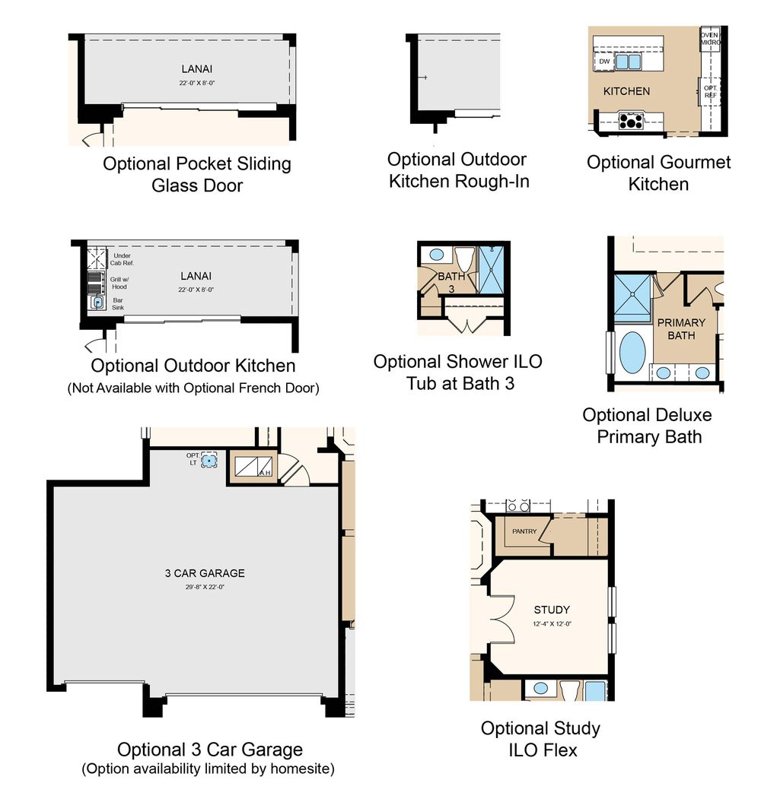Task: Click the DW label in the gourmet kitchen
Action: tap(604, 62)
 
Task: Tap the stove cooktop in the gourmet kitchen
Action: tap(630, 121)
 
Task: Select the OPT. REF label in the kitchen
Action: tap(710, 91)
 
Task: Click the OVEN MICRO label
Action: tap(710, 39)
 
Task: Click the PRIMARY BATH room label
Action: tap(681, 329)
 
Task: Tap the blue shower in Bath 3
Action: tap(491, 270)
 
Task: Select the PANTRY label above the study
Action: tap(524, 531)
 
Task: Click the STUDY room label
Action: tap(552, 610)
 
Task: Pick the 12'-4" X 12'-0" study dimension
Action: tap(552, 623)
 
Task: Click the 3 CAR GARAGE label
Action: tap(205, 573)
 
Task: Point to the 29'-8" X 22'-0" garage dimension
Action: tap(205, 587)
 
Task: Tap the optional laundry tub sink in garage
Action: tap(209, 460)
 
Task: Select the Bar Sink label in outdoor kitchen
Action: tap(118, 304)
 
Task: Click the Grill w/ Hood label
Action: tap(119, 283)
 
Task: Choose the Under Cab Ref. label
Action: tap(122, 259)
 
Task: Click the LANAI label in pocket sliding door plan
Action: tap(196, 69)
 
